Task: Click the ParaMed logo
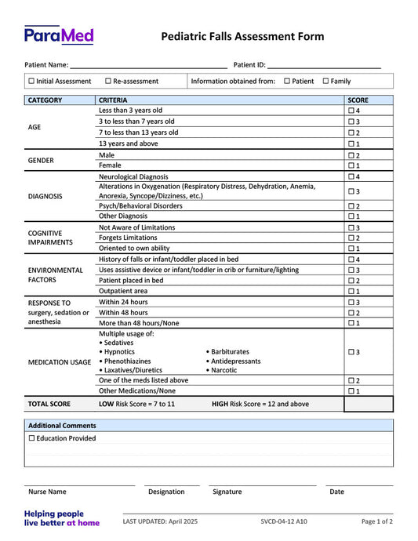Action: pyautogui.click(x=59, y=34)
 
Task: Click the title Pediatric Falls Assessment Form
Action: pyautogui.click(x=242, y=37)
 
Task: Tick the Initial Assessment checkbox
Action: pyautogui.click(x=31, y=82)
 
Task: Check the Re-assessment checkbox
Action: pyautogui.click(x=108, y=82)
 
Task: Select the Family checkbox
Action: pyautogui.click(x=326, y=82)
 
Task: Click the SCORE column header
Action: pyautogui.click(x=358, y=100)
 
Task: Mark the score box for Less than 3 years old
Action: pyautogui.click(x=351, y=111)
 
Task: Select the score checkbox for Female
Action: pyautogui.click(x=351, y=165)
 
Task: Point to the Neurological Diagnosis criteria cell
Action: pyautogui.click(x=133, y=177)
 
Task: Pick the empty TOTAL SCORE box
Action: pyautogui.click(x=368, y=404)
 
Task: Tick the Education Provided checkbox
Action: pyautogui.click(x=31, y=438)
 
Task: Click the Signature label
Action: pyautogui.click(x=227, y=492)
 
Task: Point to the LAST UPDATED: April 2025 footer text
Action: pyautogui.click(x=160, y=521)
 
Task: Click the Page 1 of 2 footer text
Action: pyautogui.click(x=377, y=521)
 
